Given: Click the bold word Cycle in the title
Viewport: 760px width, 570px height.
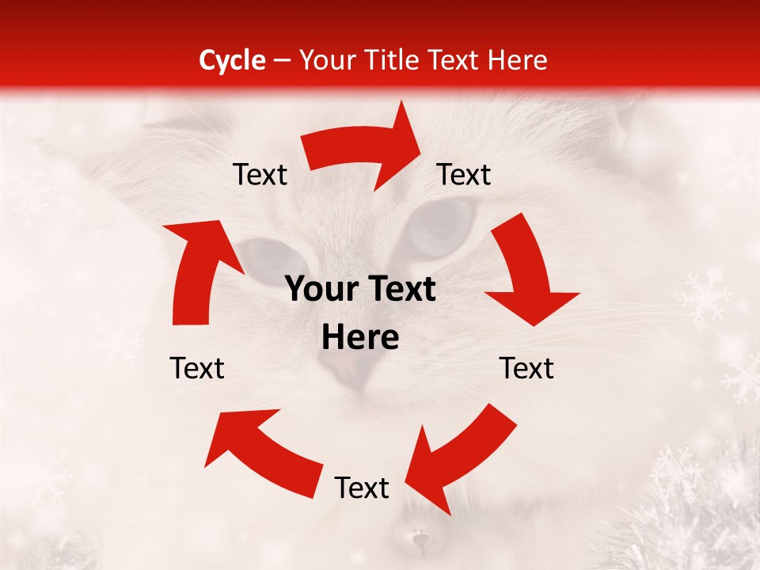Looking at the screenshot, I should [x=232, y=60].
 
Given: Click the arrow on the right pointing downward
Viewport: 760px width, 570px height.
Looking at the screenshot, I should [x=527, y=273].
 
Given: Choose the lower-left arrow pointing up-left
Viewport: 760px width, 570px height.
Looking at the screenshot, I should [x=261, y=447].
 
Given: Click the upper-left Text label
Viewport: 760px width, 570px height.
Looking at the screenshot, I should [x=260, y=175].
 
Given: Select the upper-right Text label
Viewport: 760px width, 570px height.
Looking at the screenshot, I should [x=464, y=175].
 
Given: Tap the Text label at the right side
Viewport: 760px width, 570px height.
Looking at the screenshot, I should [x=526, y=368].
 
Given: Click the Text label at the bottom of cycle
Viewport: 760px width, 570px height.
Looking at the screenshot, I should [x=362, y=488].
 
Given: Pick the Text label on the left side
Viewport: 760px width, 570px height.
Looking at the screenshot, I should [x=197, y=368].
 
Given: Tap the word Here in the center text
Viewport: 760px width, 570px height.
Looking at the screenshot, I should [x=360, y=338].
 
